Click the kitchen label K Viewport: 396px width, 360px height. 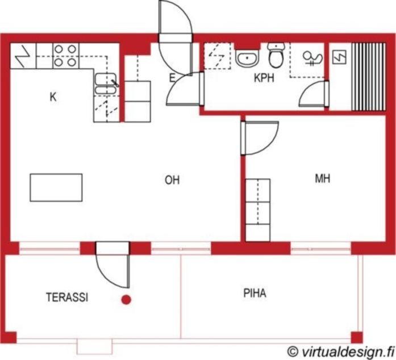coord(53,97)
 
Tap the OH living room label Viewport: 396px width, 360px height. coord(172,180)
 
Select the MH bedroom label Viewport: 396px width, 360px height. coord(323,178)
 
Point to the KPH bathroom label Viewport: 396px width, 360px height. coord(264,78)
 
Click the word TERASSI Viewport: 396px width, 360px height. coord(67,298)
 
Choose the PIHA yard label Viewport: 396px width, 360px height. coord(255,293)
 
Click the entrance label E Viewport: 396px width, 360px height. coord(172,78)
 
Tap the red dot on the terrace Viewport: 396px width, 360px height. coord(126,300)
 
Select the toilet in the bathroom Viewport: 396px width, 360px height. coord(276,55)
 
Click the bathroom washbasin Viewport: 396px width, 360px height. coord(247,58)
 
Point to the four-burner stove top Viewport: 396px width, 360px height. coord(66,56)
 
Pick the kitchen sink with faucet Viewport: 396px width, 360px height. coord(106,84)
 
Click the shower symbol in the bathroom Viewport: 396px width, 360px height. coord(313,59)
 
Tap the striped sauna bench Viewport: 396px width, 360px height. coord(369,77)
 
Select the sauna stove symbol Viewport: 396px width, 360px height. coord(339,57)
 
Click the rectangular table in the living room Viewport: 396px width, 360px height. coord(56,187)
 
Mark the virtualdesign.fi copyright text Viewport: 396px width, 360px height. coord(341,351)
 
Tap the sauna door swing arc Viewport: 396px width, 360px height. coord(306,89)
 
